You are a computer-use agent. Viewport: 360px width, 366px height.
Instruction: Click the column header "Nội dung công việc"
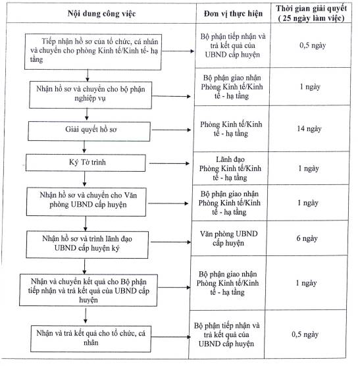[x=101, y=14]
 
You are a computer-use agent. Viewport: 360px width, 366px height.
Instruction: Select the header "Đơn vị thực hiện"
[x=233, y=14]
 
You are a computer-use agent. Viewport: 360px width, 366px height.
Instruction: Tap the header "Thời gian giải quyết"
[x=311, y=9]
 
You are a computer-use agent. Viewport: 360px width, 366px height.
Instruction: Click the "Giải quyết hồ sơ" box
[x=89, y=131]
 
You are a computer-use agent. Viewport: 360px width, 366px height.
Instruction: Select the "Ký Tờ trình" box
[x=86, y=163]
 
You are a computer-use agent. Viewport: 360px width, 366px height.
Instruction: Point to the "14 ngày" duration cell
[x=309, y=128]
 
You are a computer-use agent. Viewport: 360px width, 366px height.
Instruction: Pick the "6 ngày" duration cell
[x=307, y=238]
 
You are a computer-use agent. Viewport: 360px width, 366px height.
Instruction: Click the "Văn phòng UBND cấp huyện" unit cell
[x=228, y=238]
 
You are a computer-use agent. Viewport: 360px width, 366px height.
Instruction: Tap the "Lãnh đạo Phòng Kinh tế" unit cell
[x=230, y=169]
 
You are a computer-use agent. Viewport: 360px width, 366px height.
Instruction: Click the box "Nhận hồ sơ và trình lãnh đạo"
[x=87, y=245]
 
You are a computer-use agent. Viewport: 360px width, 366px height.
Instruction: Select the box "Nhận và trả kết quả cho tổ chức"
[x=91, y=339]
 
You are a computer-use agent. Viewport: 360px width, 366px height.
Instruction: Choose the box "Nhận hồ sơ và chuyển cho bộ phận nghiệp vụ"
[x=91, y=95]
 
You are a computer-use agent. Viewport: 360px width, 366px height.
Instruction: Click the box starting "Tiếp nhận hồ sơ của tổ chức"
[x=93, y=52]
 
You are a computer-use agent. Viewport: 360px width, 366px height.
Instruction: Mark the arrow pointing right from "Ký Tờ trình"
[x=169, y=163]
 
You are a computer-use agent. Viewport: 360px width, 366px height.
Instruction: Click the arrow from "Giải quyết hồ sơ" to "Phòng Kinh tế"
[x=171, y=130]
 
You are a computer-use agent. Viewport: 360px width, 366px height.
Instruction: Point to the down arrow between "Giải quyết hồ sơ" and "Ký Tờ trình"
[x=84, y=147]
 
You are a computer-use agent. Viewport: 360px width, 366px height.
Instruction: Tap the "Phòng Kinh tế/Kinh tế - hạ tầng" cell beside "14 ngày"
[x=231, y=128]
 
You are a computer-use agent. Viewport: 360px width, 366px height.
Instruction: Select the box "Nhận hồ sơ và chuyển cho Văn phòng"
[x=86, y=201]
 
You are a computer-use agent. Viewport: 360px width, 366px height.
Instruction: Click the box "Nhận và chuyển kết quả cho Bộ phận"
[x=88, y=290]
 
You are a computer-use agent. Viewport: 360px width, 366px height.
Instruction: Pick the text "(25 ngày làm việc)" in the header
[x=311, y=18]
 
